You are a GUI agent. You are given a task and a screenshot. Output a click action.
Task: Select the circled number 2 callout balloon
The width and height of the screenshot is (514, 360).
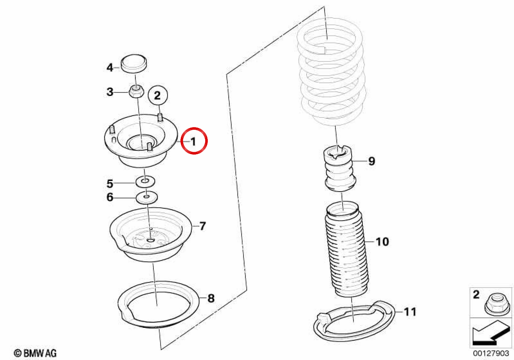pos(158,95)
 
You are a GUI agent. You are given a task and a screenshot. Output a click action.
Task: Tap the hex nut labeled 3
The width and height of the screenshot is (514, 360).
pos(136,91)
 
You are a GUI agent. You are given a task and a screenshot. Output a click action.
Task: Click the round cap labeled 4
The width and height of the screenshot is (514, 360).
pos(134,63)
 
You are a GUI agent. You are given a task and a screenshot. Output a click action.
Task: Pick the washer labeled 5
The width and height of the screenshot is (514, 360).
pos(145,181)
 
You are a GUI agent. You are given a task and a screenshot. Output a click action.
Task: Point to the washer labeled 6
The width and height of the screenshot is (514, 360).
pos(146,197)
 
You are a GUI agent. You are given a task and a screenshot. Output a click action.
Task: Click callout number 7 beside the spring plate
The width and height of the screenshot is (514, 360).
pos(203,226)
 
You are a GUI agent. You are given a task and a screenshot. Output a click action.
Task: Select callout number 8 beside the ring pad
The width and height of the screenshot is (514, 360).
pos(211,298)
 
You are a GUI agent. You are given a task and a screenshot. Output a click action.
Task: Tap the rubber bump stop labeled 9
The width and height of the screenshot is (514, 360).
pos(340,168)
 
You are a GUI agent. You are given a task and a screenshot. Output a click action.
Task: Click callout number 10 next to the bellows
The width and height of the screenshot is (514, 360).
pos(382,242)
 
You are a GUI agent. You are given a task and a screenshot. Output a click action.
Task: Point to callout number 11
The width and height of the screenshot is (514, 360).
pos(409,312)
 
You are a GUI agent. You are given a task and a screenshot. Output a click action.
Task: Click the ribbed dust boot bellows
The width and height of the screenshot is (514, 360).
pos(346,249)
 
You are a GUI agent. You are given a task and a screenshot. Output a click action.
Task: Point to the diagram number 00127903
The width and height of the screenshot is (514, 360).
pos(491,353)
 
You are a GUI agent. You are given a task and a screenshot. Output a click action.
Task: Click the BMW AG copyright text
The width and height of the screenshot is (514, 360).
pos(35,353)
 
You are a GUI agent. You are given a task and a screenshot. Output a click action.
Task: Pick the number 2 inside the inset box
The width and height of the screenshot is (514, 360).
pos(476,294)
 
